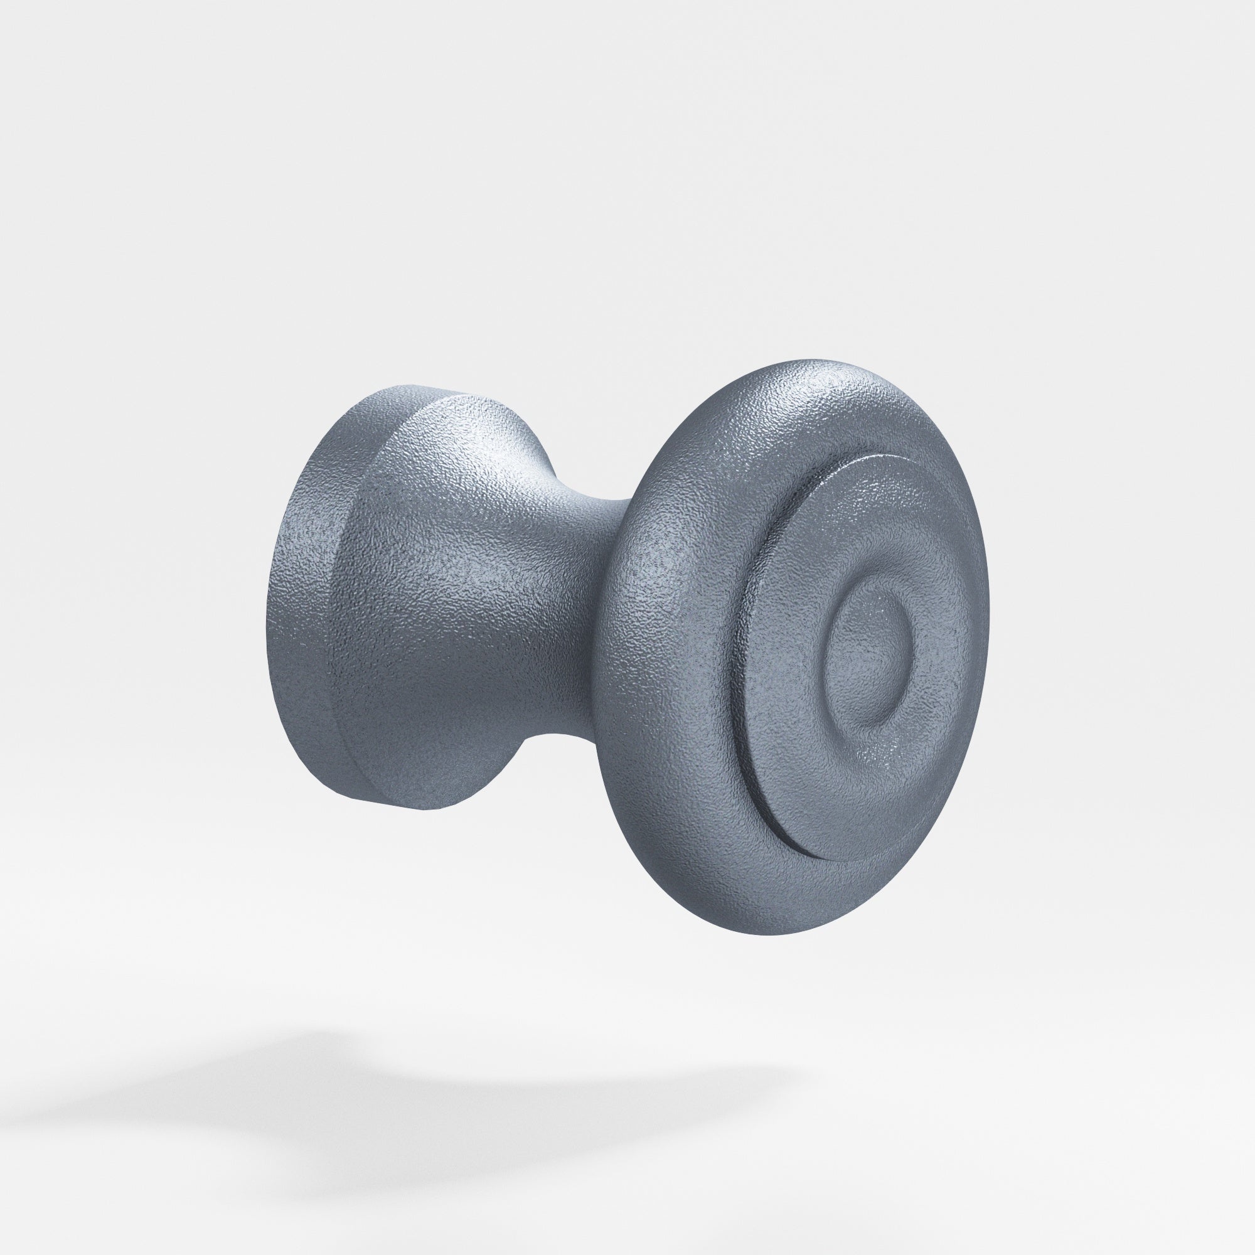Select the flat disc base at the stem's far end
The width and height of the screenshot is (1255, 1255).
pos(306,597)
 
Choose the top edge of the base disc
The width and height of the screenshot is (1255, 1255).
pos(416,388)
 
